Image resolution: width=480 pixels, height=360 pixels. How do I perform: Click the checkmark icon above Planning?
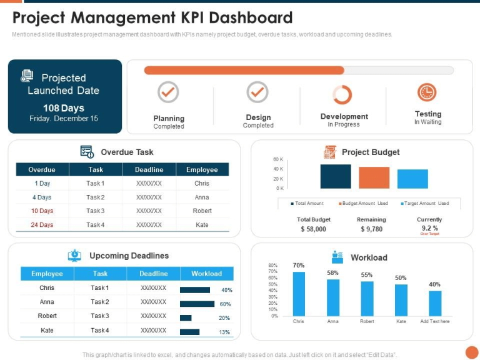[168, 92]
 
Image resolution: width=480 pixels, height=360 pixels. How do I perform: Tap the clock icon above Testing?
[427, 92]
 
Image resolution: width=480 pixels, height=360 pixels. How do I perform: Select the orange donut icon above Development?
[342, 94]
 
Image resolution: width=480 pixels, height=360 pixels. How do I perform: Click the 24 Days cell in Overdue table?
[42, 225]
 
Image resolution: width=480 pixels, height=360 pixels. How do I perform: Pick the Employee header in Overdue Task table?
[202, 169]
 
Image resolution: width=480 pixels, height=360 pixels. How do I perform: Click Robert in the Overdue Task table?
[202, 211]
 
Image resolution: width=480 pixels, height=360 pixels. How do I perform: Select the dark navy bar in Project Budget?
[336, 176]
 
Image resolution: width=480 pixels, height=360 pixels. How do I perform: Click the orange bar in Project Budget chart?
[374, 177]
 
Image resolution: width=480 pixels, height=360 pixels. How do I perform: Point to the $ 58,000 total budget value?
[313, 229]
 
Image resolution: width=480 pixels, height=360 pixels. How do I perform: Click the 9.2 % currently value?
[429, 228]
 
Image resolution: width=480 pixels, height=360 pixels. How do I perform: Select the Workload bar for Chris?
[299, 294]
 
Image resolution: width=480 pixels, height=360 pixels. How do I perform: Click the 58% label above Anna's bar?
[332, 273]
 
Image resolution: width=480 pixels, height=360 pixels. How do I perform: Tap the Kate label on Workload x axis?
[401, 321]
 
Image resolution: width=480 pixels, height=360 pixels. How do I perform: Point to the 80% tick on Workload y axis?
[272, 266]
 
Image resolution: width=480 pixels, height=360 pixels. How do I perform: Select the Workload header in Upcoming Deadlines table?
[206, 274]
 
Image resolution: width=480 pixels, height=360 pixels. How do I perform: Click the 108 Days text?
[64, 108]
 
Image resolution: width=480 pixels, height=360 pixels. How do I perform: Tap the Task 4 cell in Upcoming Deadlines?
[100, 331]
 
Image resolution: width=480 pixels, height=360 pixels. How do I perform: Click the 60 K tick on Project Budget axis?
[278, 159]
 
